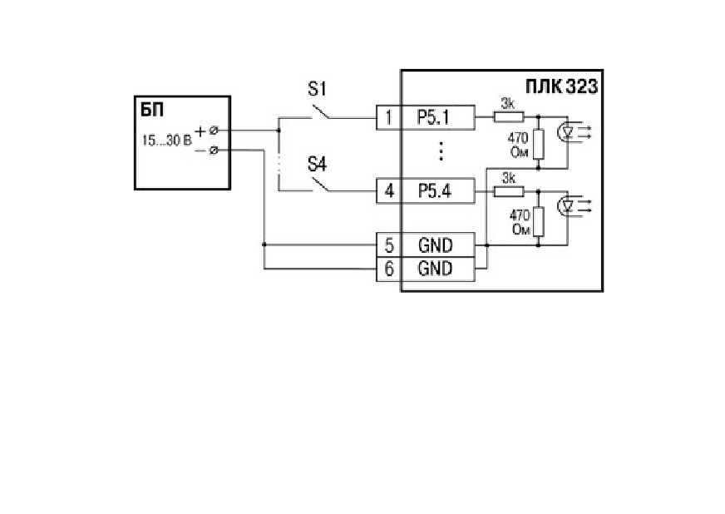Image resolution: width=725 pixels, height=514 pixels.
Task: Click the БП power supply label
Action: [152, 111]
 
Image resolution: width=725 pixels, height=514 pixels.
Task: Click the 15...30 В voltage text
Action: [166, 141]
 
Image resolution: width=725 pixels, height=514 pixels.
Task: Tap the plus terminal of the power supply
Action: [213, 131]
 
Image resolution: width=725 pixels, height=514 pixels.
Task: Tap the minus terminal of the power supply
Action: [213, 151]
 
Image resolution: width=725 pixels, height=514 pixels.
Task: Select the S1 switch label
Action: [318, 88]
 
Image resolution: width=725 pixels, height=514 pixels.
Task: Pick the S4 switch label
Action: [318, 164]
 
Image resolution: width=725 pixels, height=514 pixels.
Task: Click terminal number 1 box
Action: [389, 117]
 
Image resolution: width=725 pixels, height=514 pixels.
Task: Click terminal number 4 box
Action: [389, 190]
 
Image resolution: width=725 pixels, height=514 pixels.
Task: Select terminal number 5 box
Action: [389, 245]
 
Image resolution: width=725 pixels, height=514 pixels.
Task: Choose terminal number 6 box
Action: [389, 269]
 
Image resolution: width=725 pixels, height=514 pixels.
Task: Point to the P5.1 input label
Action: [433, 117]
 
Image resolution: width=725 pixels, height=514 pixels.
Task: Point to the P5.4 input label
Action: [435, 190]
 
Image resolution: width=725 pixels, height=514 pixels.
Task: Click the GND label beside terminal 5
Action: [435, 245]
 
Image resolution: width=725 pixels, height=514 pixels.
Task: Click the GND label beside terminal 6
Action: [435, 269]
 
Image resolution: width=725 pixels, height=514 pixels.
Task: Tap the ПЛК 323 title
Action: [561, 86]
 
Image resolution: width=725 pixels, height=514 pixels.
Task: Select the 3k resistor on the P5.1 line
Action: [509, 117]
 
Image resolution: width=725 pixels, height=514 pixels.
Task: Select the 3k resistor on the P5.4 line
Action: [509, 191]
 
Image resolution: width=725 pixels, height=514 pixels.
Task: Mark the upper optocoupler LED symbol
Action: [567, 132]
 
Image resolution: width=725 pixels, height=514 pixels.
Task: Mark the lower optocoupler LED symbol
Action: [567, 206]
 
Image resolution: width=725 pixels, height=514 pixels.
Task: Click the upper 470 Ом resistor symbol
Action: [538, 145]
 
